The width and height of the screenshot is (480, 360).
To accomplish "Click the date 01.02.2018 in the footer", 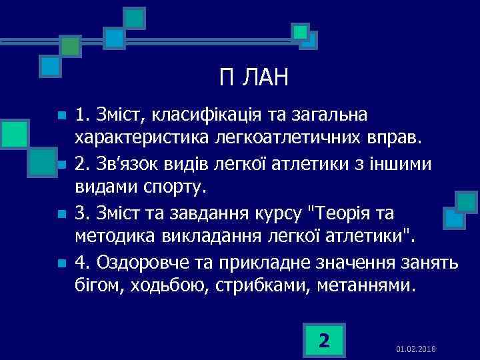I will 416,349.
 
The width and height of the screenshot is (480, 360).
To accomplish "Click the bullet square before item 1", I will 61,116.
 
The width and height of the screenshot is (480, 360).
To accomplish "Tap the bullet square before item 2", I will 61,165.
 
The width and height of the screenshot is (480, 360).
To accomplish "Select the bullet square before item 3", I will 61,215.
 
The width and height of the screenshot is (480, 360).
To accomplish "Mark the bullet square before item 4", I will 61,264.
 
